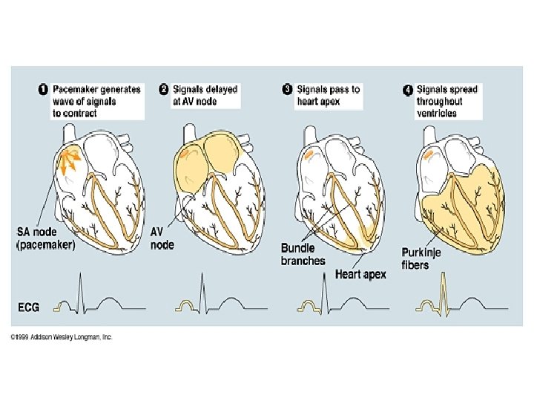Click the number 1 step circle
[x=43, y=90]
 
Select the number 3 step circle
[x=287, y=90]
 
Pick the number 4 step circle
[x=407, y=90]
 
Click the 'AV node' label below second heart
[x=162, y=238]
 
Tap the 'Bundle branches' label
[x=303, y=255]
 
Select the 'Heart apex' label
[x=360, y=275]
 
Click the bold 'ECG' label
[x=29, y=306]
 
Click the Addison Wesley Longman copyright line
[x=61, y=337]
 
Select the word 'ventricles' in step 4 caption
[x=437, y=113]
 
